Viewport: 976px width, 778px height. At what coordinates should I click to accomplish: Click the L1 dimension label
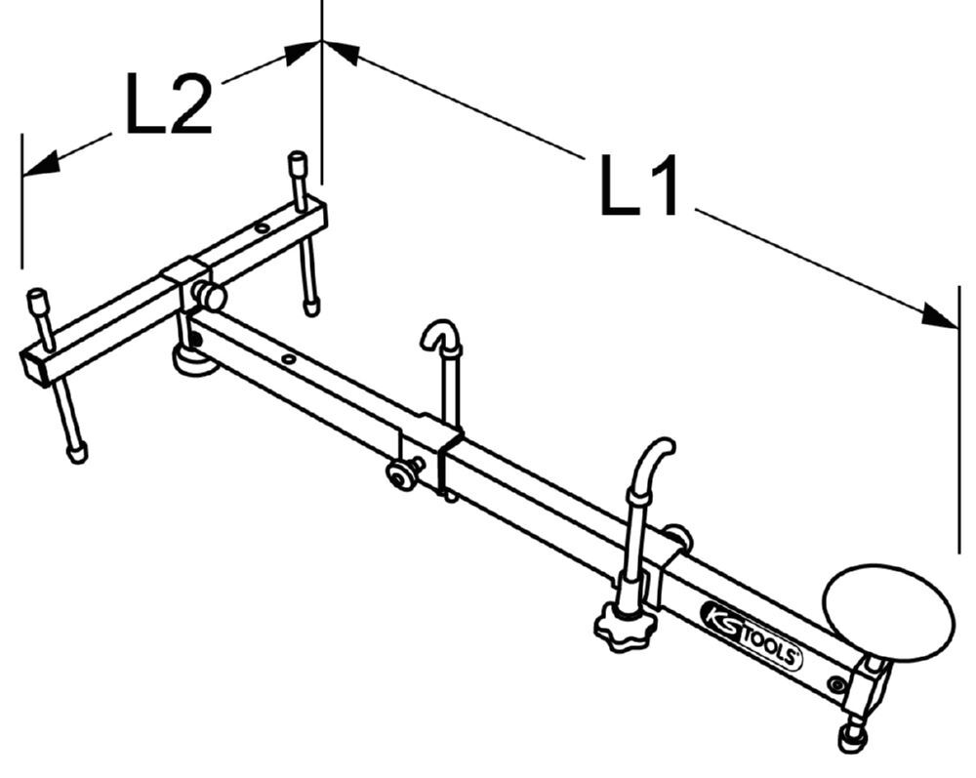[639, 185]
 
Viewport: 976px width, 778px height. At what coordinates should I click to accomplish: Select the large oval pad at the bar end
[888, 612]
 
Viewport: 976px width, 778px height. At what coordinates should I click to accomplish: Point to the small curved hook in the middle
[440, 337]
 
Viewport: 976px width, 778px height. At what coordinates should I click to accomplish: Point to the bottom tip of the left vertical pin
[77, 453]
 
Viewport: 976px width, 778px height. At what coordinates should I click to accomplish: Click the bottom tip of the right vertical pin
[311, 307]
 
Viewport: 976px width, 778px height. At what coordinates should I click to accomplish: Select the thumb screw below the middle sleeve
[398, 475]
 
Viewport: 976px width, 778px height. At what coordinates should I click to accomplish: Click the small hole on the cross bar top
[262, 228]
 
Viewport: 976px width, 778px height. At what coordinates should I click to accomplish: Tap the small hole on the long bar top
[288, 359]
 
